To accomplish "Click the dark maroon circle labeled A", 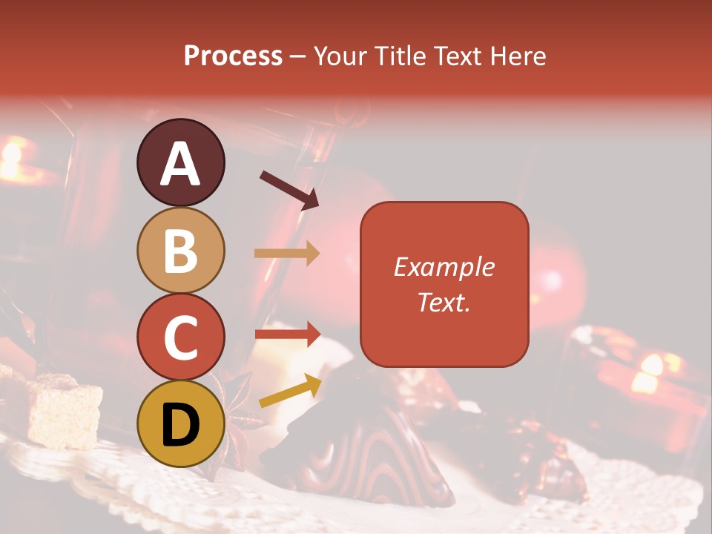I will point(180,162).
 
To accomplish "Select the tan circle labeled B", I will point(180,250).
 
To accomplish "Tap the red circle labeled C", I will point(180,337).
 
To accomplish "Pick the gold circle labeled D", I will point(180,423).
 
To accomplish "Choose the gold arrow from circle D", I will point(290,391).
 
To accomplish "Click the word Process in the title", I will point(233,56).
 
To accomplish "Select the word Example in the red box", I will point(444,267).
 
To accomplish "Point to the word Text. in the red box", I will point(444,302).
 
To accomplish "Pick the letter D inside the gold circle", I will point(180,425).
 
